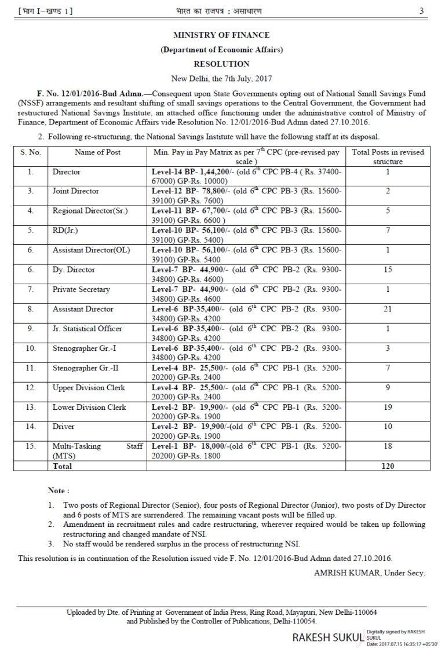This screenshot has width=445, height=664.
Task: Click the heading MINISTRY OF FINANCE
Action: click(x=222, y=35)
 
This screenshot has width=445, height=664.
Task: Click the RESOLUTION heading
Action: click(x=222, y=64)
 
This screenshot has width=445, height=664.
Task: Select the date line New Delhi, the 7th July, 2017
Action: click(x=222, y=78)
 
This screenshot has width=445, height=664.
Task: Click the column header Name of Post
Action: click(x=97, y=152)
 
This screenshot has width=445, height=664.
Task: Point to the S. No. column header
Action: click(x=30, y=152)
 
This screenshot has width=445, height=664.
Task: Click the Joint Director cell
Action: click(x=76, y=191)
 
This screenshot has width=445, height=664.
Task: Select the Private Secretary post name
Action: click(x=81, y=289)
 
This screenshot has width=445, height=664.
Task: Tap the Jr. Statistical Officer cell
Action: click(x=87, y=329)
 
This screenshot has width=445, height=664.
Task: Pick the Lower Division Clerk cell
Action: click(x=89, y=407)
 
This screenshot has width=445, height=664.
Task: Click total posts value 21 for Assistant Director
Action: click(x=389, y=309)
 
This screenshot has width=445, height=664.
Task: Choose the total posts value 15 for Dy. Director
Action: click(x=389, y=270)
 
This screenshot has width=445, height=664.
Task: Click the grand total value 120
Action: click(x=389, y=465)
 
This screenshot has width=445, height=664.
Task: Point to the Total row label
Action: click(x=63, y=465)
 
